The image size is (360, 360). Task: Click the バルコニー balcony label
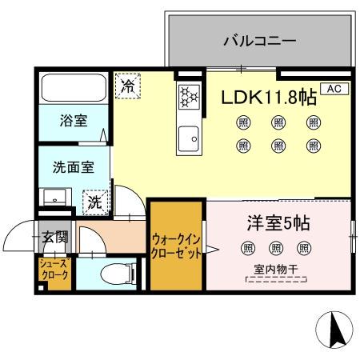click(x=259, y=39)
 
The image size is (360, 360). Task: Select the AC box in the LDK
click(x=334, y=90)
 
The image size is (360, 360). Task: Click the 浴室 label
click(x=74, y=122)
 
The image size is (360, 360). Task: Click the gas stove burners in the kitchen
click(x=190, y=97)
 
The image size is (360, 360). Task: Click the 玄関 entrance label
click(x=54, y=237)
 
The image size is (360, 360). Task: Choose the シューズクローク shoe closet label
click(x=54, y=269)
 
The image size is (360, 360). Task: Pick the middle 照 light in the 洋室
click(x=276, y=248)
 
